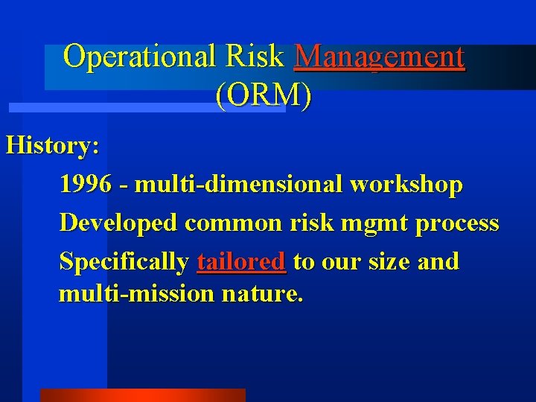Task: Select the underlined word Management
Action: pyautogui.click(x=380, y=57)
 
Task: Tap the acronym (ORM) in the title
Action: pyautogui.click(x=264, y=95)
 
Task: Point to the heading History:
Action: pyautogui.click(x=52, y=145)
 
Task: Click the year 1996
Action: pyautogui.click(x=85, y=184)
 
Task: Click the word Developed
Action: pyautogui.click(x=118, y=223)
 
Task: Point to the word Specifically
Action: pyautogui.click(x=124, y=262)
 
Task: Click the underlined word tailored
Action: pyautogui.click(x=241, y=262)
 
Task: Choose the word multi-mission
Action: pyautogui.click(x=136, y=293)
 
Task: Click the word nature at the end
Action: pyautogui.click(x=262, y=294)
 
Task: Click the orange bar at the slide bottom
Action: pyautogui.click(x=142, y=395)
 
